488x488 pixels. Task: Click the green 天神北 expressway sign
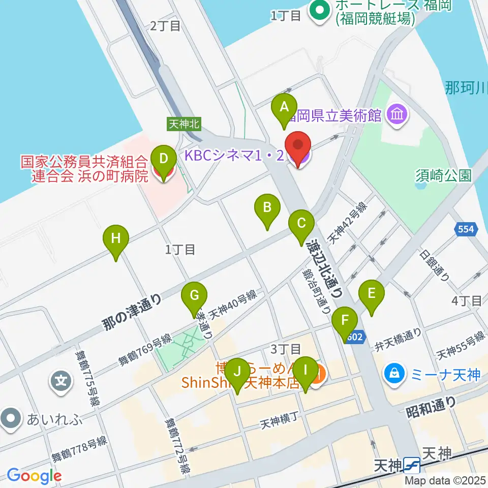point(184,124)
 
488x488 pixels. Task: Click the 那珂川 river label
point(466,87)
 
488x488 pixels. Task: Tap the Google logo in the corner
point(34,476)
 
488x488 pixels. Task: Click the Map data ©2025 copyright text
point(445,480)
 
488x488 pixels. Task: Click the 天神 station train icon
point(412,465)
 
